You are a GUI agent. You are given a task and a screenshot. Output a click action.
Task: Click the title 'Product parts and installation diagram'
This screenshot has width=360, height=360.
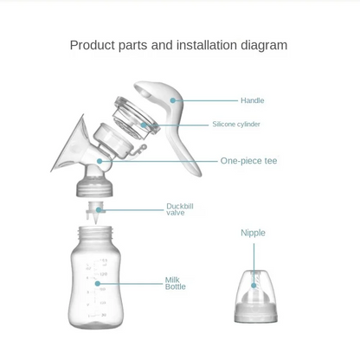[x=178, y=45]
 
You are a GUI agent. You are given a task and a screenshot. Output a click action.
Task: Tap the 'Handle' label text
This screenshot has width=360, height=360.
[x=252, y=100]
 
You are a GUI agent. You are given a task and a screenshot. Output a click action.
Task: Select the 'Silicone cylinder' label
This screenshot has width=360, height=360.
[x=236, y=125]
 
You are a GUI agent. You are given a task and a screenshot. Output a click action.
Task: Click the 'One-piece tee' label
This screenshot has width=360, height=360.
[x=248, y=161]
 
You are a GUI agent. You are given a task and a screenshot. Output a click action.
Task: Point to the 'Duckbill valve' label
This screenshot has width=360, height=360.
[x=179, y=209]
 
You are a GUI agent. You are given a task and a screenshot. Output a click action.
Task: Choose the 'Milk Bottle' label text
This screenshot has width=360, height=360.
[x=175, y=283]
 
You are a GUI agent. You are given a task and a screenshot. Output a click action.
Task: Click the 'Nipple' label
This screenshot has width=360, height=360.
[x=253, y=233]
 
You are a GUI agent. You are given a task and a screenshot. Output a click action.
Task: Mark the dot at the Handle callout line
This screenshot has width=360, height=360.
[x=174, y=100]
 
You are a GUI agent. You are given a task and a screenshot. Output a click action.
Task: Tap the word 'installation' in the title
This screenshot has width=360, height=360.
[x=204, y=45]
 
